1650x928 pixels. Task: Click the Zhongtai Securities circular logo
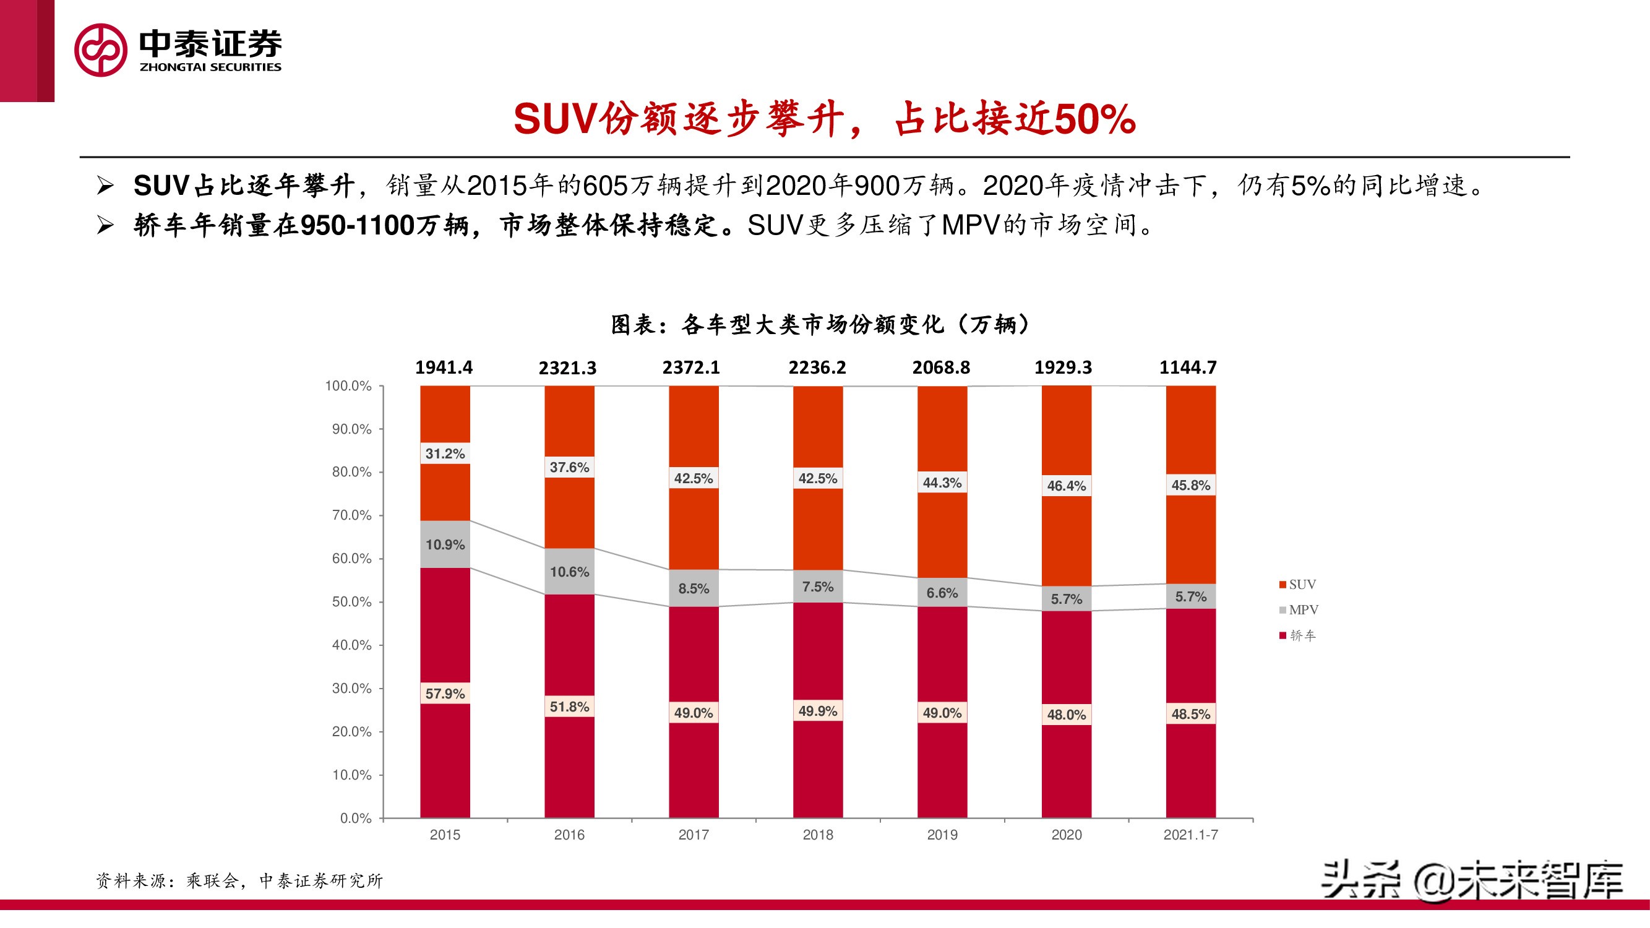point(101,50)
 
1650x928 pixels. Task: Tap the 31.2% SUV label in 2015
point(445,453)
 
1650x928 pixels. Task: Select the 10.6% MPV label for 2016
point(569,571)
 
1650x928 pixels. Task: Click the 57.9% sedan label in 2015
point(445,694)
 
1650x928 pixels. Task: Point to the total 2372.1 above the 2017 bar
point(690,367)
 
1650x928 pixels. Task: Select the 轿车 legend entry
point(1298,635)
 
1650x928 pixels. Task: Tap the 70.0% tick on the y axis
point(351,515)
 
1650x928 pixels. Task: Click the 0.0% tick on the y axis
point(356,818)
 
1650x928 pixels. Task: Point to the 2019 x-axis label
point(942,835)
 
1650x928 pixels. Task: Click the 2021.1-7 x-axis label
point(1190,835)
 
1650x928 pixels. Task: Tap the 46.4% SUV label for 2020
point(1066,486)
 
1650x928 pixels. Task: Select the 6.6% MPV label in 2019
point(942,593)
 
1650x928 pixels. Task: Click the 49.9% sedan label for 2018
point(817,711)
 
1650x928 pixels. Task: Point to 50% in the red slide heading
point(1094,120)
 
